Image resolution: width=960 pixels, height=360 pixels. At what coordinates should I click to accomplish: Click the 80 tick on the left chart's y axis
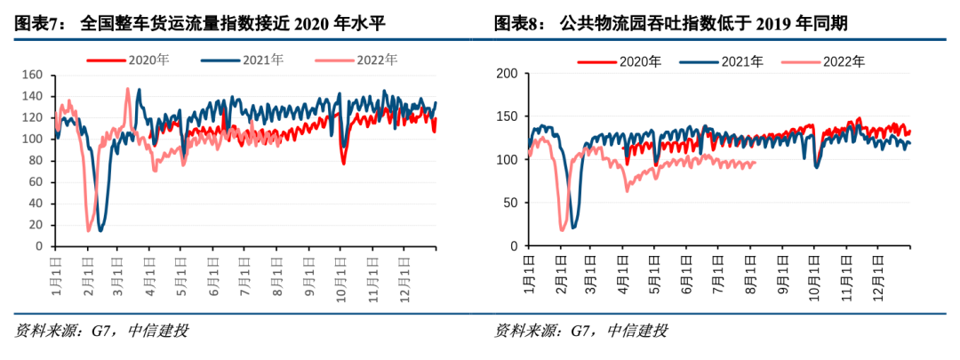tap(36, 160)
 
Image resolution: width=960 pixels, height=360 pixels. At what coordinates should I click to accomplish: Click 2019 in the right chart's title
tap(774, 23)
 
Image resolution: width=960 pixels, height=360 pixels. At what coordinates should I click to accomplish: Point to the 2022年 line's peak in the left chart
tap(128, 89)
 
